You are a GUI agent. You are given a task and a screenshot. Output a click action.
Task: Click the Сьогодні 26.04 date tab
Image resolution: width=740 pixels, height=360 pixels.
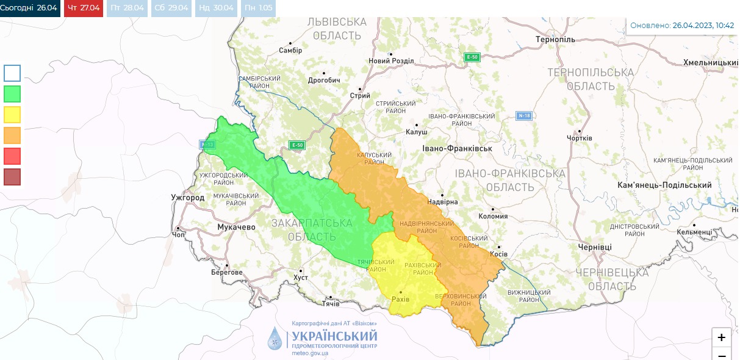30,8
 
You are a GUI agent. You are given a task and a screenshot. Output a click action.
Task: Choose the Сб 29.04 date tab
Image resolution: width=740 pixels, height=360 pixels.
171,8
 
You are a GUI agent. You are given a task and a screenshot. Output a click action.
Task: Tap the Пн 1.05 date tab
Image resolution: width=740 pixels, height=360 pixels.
259,8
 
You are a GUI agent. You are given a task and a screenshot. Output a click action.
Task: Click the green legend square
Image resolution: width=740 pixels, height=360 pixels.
12,94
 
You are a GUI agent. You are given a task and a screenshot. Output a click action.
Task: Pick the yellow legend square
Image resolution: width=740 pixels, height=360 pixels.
12,115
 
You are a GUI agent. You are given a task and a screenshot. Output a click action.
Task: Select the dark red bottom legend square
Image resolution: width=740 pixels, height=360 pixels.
12,177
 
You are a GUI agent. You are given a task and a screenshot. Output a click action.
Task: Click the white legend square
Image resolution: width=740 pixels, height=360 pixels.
12,73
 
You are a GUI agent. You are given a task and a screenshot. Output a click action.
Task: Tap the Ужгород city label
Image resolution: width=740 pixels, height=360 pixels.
187,198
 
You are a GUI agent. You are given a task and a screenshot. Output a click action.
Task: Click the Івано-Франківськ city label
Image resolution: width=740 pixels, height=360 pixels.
457,148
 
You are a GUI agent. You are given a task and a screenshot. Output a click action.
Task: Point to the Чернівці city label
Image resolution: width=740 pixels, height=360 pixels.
595,247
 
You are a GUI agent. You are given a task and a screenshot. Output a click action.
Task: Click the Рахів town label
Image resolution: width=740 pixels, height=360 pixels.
400,300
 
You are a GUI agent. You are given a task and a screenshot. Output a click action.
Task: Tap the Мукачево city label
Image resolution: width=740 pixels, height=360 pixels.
236,227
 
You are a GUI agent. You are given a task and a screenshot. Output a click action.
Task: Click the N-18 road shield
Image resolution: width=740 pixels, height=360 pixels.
524,115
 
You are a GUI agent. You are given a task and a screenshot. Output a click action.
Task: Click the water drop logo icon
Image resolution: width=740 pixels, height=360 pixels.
276,339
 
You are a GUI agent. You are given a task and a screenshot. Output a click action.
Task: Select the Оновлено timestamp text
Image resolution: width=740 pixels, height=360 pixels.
681,26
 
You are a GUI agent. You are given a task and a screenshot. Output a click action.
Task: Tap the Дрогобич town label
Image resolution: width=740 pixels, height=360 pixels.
323,80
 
